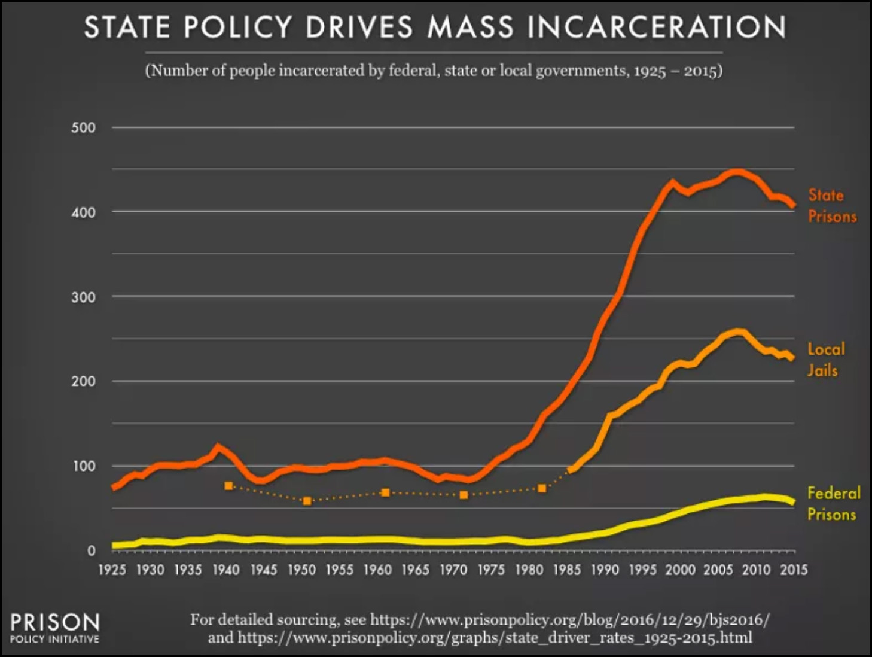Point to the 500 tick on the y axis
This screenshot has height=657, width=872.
click(83, 127)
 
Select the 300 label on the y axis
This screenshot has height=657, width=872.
click(83, 297)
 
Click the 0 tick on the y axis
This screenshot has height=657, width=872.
click(91, 550)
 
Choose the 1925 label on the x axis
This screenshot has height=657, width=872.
click(112, 570)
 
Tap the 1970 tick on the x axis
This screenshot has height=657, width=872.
click(453, 570)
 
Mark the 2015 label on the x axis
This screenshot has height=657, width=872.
click(794, 570)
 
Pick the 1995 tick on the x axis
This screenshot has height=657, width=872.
click(642, 570)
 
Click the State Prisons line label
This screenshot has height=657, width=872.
click(831, 205)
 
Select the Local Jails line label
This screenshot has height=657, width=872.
click(825, 360)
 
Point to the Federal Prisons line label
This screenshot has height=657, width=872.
click(833, 503)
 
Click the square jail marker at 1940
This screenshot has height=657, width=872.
click(228, 486)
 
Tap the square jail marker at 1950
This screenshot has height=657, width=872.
click(307, 501)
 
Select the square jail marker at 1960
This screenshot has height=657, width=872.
click(385, 492)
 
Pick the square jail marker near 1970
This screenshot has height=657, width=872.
click(464, 495)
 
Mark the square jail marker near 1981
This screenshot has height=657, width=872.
click(542, 488)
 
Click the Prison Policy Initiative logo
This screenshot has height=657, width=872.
click(54, 627)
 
